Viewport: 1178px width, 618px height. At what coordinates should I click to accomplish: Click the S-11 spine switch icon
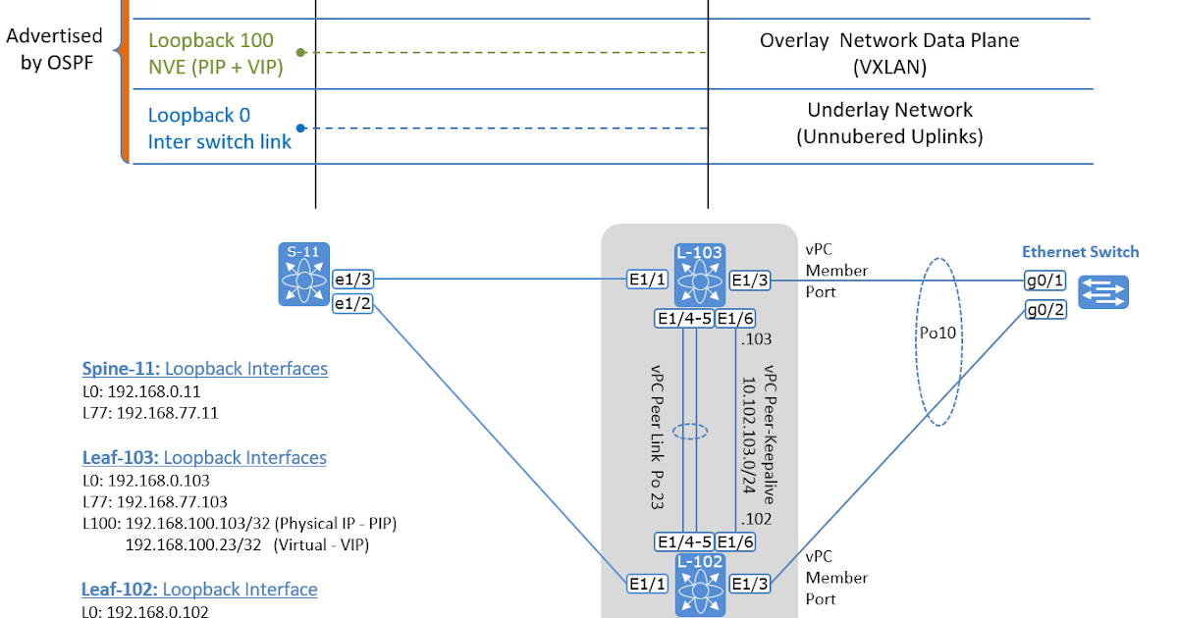pos(303,276)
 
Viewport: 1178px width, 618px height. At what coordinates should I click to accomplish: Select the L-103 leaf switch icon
pos(699,275)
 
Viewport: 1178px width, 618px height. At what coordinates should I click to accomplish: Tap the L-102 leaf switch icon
pos(699,585)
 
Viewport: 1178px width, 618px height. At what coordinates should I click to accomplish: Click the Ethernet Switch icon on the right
pos(1103,292)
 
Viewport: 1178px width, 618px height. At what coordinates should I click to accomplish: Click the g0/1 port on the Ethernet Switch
pos(1044,280)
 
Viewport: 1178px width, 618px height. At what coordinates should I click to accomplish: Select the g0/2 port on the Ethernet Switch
pos(1044,310)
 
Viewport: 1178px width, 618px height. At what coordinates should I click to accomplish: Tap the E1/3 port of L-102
pos(751,584)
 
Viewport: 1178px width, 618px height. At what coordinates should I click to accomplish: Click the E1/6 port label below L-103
pos(736,318)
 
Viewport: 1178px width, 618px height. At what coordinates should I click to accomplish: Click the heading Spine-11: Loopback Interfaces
pos(204,369)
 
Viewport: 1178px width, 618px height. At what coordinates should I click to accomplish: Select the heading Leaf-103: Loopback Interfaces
pos(204,457)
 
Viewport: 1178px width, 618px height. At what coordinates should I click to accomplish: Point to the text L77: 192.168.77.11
pos(149,413)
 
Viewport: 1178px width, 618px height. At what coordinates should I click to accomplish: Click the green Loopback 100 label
pos(211,41)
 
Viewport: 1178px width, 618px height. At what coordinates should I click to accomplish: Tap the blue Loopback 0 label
pos(197,115)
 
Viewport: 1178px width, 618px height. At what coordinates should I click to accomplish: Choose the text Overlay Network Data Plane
pos(888,41)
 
